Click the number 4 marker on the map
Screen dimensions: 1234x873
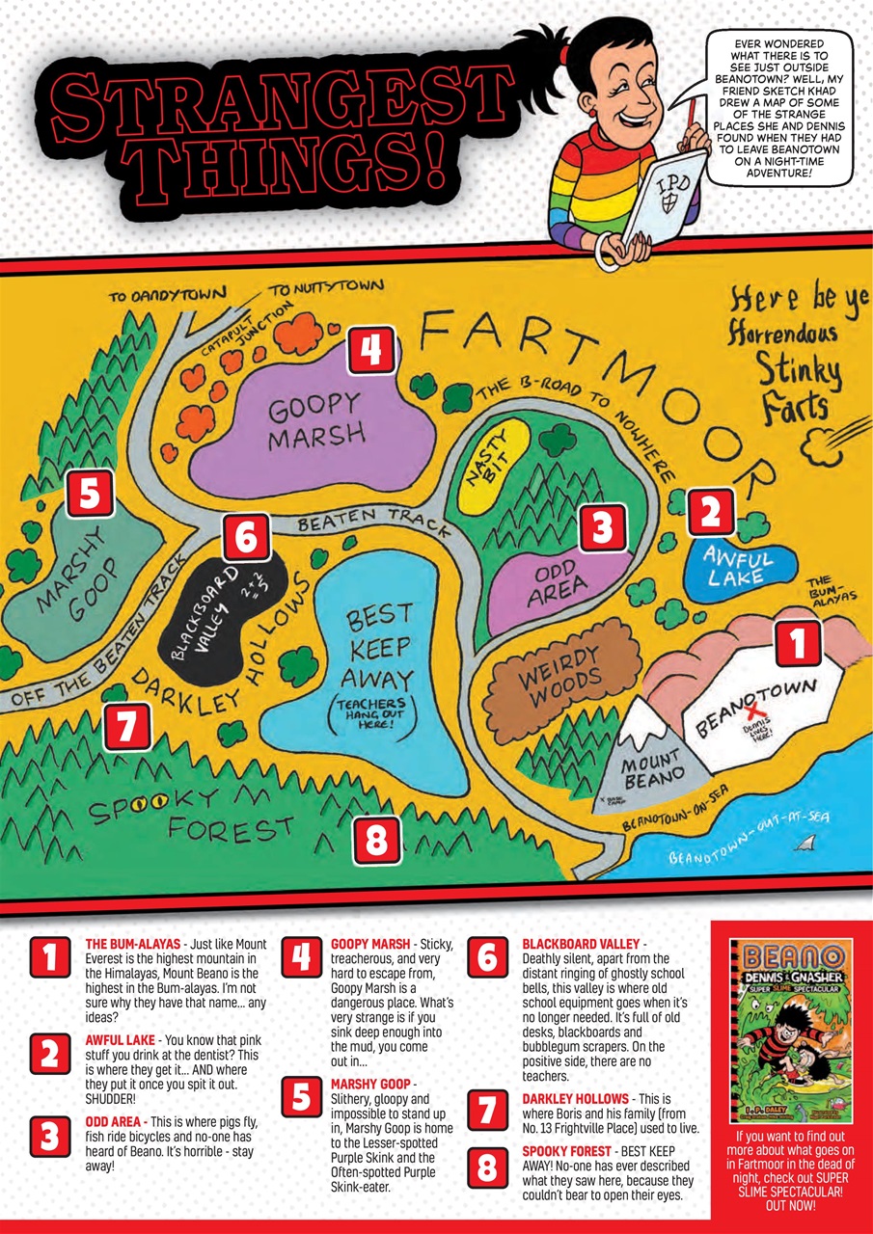point(371,350)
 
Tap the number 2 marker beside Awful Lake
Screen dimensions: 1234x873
point(711,511)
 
